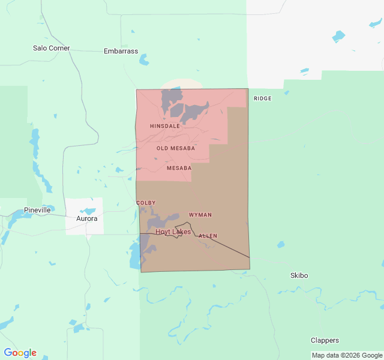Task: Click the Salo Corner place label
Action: pos(52,48)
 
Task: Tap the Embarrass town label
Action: pos(121,52)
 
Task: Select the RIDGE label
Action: pos(262,98)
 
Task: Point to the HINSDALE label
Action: pos(164,127)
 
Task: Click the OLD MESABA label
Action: pos(175,148)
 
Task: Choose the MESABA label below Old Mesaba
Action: pos(179,168)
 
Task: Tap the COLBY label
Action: pos(146,203)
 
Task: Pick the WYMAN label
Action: pos(200,215)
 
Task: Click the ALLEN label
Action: pos(208,236)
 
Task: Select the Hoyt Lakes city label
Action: pos(173,232)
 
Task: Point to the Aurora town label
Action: pos(86,219)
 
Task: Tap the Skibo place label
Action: pos(299,275)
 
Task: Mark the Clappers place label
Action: pos(325,340)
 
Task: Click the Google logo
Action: pos(20,353)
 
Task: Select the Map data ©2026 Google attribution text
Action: pos(346,355)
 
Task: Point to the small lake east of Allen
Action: pos(280,245)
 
